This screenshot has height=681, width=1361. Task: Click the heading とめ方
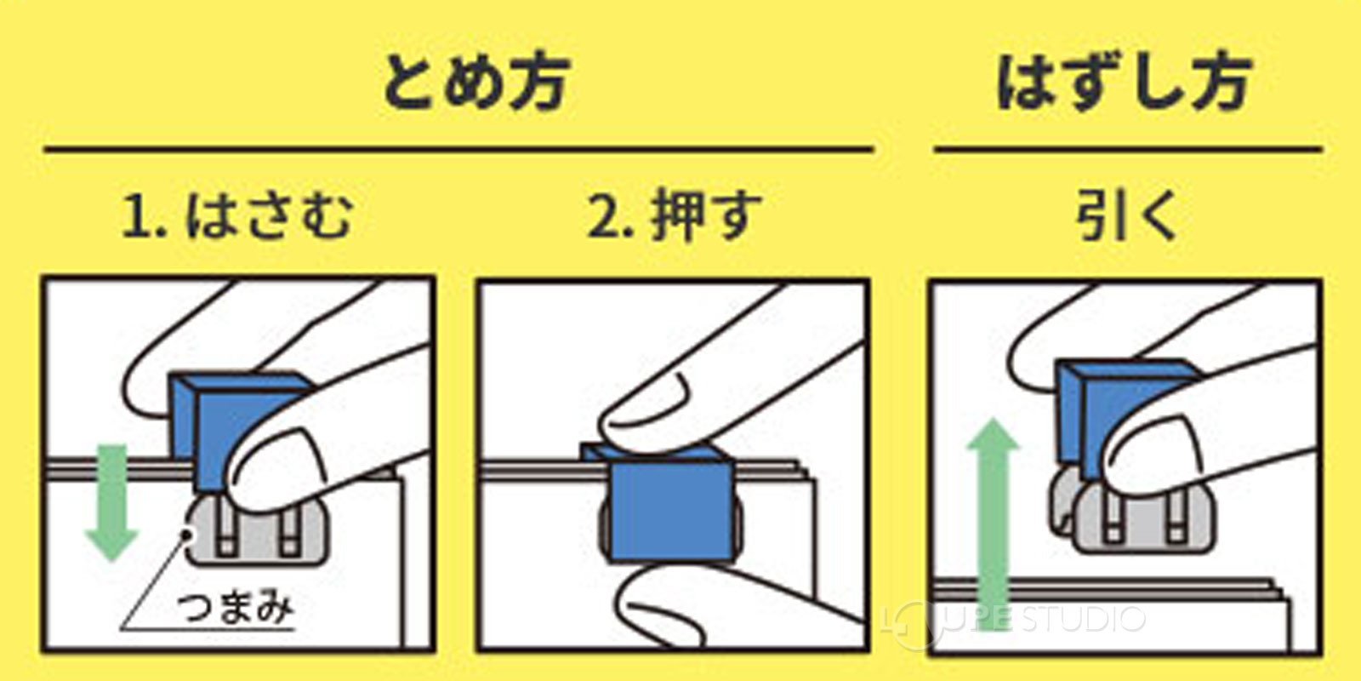pyautogui.click(x=475, y=83)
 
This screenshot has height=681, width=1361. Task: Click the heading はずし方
pyautogui.click(x=1125, y=83)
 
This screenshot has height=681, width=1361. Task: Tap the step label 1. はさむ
pyautogui.click(x=238, y=216)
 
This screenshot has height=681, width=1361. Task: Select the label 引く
pyautogui.click(x=1126, y=216)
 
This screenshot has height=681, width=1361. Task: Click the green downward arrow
pyautogui.click(x=111, y=502)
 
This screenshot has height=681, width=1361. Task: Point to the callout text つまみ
pyautogui.click(x=236, y=608)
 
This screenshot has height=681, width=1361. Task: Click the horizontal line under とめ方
pyautogui.click(x=459, y=150)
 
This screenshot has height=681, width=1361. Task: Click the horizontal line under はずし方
pyautogui.click(x=1127, y=150)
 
